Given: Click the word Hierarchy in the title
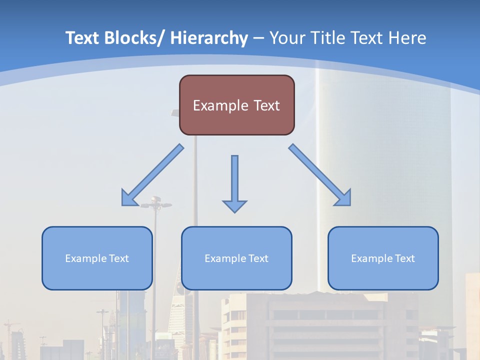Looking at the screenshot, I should coord(209,38).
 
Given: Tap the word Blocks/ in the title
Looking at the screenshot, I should coord(135,38).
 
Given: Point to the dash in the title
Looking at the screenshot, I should coord(258,38).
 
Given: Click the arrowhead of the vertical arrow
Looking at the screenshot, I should coord(234,205).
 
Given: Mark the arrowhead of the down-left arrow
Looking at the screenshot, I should coord(128,198).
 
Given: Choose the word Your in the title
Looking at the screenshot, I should coord(287,38).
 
